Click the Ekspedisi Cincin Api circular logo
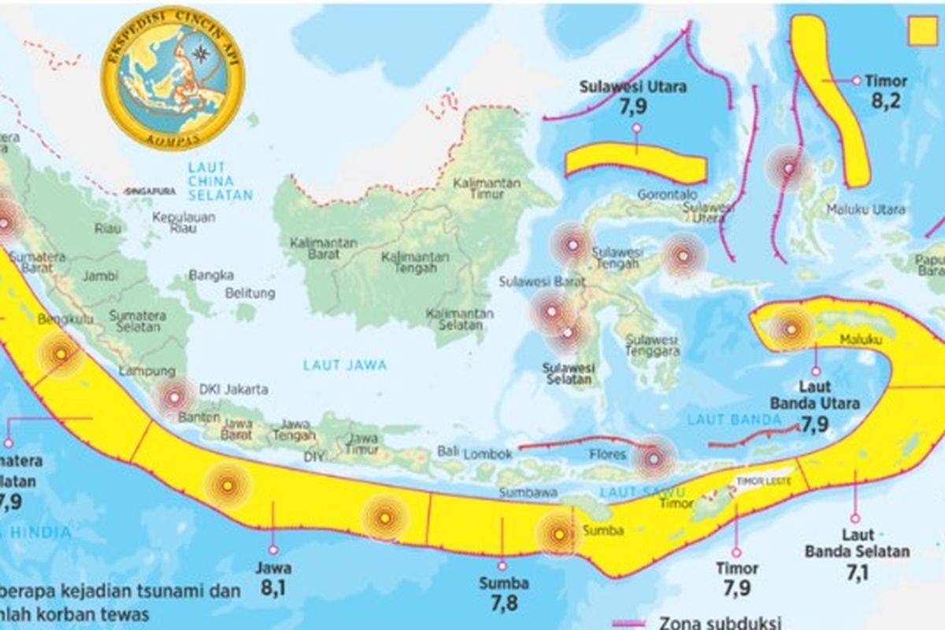172,78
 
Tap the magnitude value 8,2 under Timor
884,101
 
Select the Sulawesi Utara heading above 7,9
632,87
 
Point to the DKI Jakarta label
234,389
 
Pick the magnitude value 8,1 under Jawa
274,587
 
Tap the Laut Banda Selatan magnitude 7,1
857,573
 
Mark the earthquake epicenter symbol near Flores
654,458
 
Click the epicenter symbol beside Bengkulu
60,354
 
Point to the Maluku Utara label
865,209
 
